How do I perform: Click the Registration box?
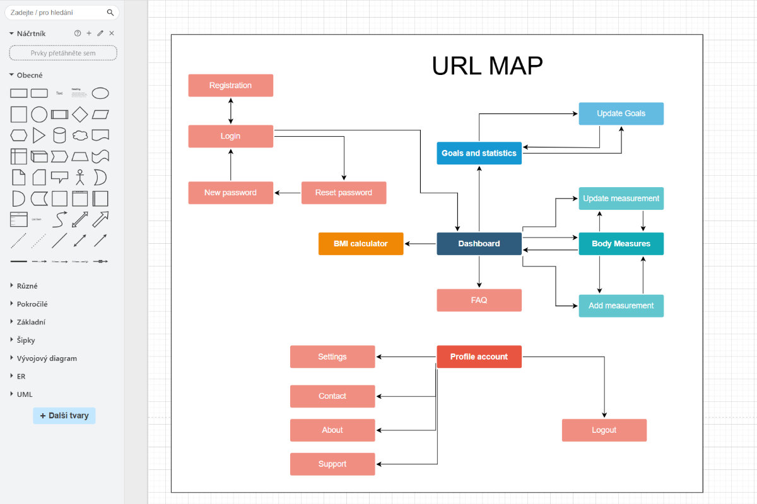(x=230, y=86)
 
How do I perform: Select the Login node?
(x=230, y=136)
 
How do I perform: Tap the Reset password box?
(x=344, y=193)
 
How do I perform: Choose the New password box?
(x=230, y=193)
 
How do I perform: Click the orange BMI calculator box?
(x=360, y=244)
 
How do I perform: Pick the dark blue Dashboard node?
(x=479, y=244)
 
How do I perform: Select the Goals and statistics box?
(x=479, y=153)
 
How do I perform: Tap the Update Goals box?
(x=621, y=113)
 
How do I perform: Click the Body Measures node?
(x=621, y=244)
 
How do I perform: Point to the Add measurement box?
(x=621, y=306)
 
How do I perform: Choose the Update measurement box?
(x=621, y=198)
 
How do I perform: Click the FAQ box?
(x=479, y=301)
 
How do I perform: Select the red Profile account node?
(x=479, y=357)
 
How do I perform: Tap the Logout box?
(x=604, y=430)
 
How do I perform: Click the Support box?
(x=332, y=464)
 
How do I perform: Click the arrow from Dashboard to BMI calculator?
(x=420, y=244)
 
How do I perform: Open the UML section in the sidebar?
(x=25, y=394)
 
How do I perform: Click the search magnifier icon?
(x=110, y=13)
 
